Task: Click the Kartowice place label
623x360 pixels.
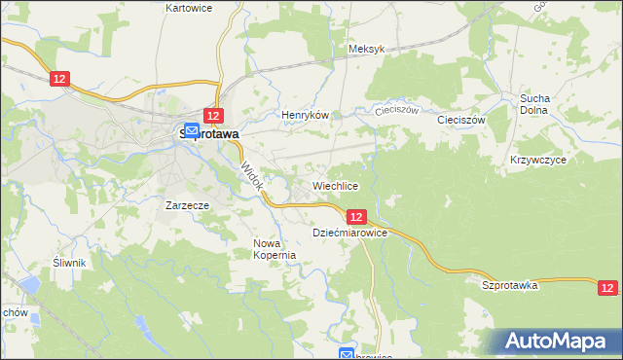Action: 189,7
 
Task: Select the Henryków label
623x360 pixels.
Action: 302,115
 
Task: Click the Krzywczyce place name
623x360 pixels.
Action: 537,159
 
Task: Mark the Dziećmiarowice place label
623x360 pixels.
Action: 350,234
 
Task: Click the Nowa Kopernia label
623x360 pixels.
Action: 274,249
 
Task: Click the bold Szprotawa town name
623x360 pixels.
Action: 210,136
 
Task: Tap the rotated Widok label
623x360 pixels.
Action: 252,176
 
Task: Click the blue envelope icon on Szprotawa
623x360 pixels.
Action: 192,130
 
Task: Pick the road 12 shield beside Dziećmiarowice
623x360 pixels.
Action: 356,217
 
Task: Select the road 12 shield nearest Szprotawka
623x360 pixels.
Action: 607,287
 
